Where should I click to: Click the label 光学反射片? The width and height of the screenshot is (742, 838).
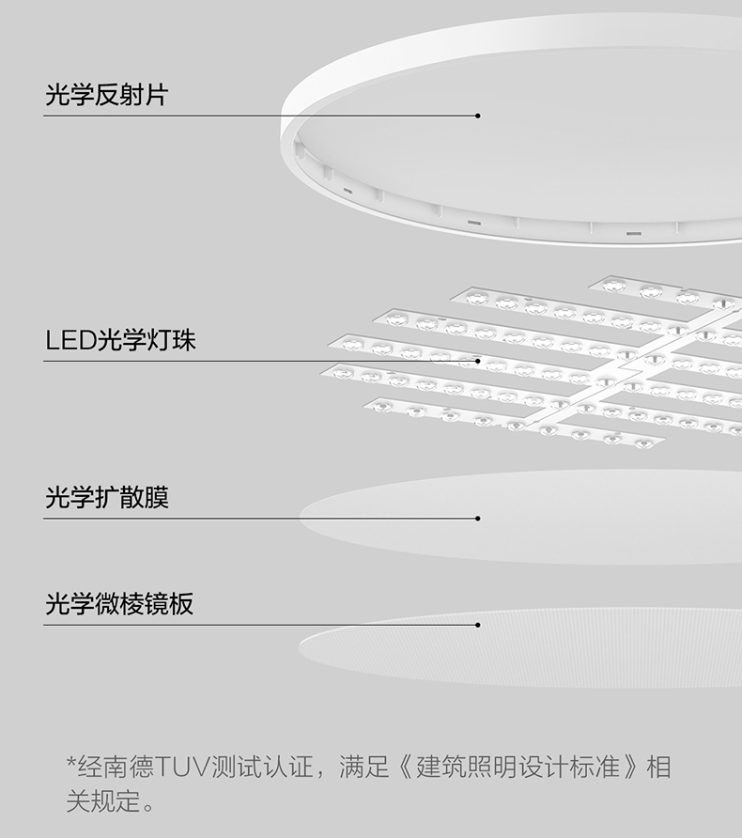(106, 95)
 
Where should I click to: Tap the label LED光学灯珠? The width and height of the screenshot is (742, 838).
(120, 340)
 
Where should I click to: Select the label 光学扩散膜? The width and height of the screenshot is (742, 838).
(106, 498)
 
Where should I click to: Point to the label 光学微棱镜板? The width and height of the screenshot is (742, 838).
(119, 604)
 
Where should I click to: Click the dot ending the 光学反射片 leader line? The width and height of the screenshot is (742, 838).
(478, 116)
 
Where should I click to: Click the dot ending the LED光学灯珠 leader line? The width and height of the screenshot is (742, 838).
(478, 361)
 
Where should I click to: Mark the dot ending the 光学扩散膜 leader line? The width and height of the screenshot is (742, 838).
(478, 519)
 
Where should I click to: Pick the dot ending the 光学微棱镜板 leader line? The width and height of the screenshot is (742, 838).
(478, 625)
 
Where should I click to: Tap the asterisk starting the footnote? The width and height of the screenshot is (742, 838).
(70, 763)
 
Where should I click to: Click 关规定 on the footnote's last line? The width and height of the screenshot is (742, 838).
(101, 802)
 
